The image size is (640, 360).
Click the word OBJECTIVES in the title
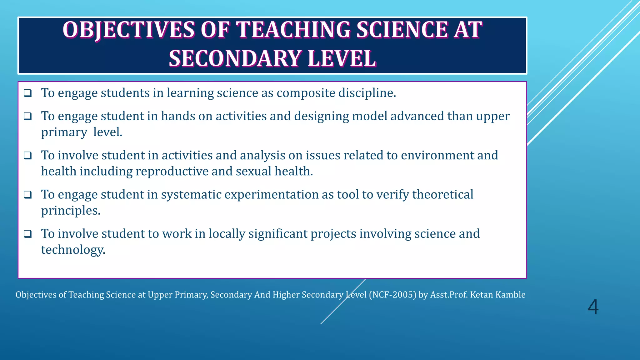(128, 30)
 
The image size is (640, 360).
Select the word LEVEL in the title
(342, 59)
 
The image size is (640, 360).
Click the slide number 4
(593, 307)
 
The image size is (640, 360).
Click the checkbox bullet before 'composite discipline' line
(28, 93)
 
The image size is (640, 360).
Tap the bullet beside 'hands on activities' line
(28, 116)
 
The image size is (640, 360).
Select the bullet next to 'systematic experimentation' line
(28, 195)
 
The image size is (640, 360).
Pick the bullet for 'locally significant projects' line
(28, 234)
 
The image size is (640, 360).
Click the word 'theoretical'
(442, 195)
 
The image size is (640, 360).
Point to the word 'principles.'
(71, 211)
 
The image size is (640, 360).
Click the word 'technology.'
(73, 250)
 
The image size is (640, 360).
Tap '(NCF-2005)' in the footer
(392, 295)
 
